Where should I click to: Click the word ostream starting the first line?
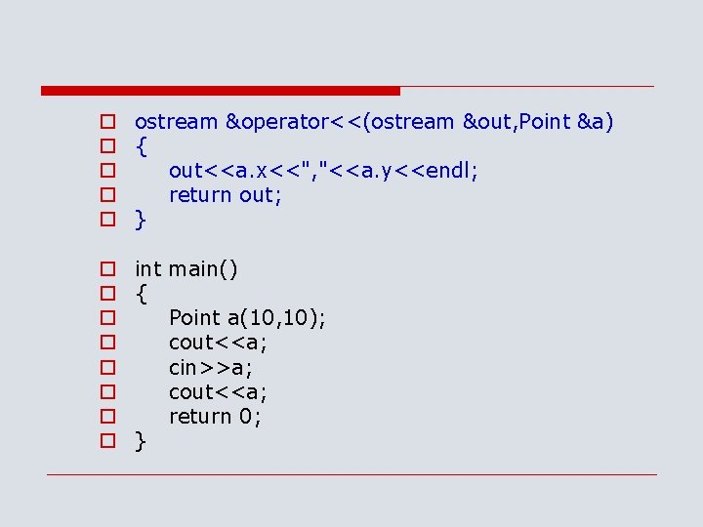[176, 122]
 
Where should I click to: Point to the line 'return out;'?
[226, 195]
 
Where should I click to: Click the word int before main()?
[148, 268]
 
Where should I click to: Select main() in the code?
[203, 268]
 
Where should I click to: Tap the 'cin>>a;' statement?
[210, 367]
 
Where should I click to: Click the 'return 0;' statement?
[215, 416]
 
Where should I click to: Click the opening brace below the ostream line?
[142, 146]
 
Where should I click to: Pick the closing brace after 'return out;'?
[142, 221]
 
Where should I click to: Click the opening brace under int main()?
[142, 294]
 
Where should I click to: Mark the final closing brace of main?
[142, 441]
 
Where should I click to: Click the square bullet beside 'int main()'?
[107, 268]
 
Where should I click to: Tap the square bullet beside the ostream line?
[107, 122]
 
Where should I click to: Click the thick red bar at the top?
[221, 91]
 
